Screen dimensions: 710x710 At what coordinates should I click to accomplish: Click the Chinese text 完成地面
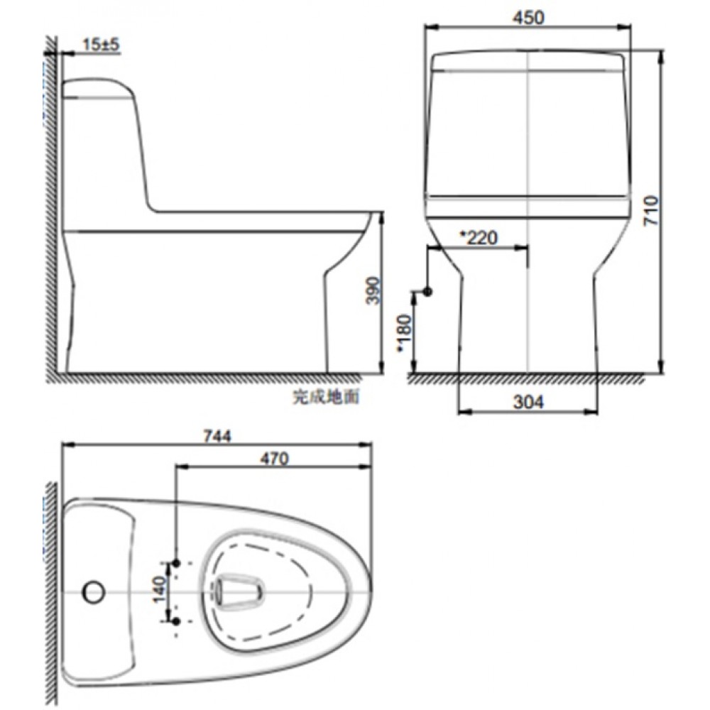click(x=326, y=397)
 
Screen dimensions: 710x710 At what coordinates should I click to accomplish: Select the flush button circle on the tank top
click(x=93, y=591)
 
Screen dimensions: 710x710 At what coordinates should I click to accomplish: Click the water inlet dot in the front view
click(x=427, y=292)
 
